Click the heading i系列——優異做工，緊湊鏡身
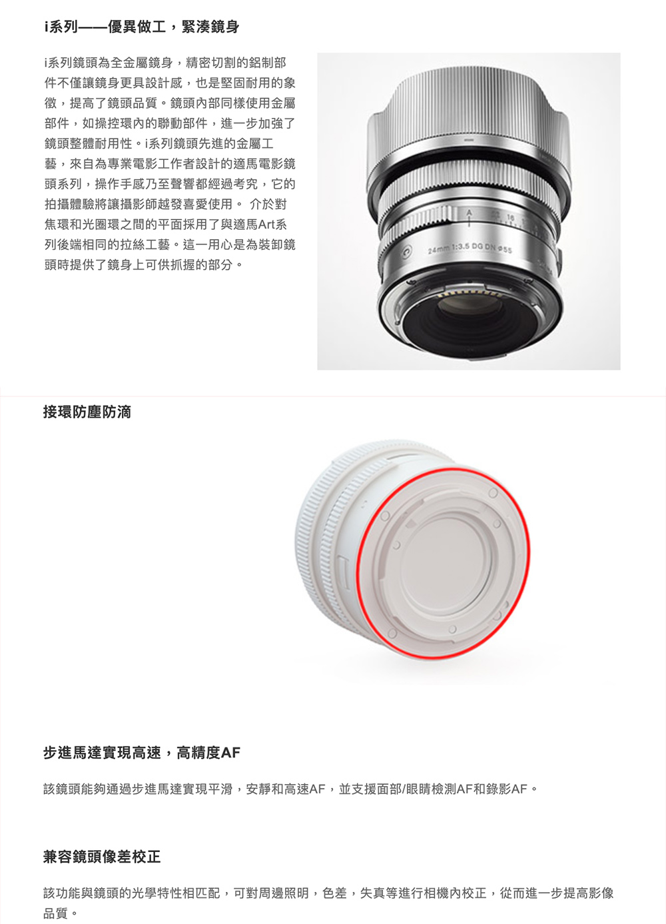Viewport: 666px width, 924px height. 141,27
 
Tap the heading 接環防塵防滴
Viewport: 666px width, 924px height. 87,412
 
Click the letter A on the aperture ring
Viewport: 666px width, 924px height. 468,213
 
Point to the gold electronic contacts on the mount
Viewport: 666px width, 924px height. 466,294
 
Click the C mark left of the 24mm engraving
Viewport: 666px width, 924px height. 407,250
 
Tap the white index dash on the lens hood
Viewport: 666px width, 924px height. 468,141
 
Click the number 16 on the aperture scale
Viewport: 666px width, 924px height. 511,217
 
